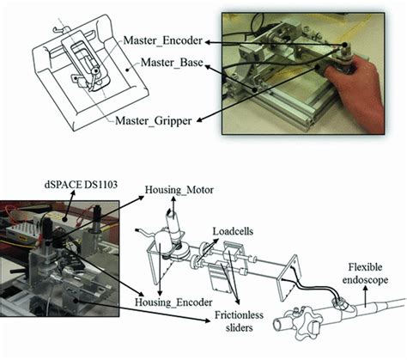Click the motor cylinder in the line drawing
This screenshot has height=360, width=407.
(171, 228)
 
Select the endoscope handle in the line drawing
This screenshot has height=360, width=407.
(301, 322)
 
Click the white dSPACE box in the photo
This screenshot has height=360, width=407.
(21, 226)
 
